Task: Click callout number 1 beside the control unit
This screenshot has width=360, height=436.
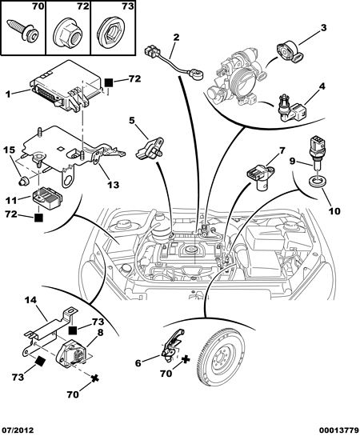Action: point(8,94)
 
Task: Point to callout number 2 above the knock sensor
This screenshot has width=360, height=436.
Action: point(177,38)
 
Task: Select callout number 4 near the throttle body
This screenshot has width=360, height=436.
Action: point(322,86)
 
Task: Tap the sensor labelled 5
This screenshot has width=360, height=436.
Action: point(150,149)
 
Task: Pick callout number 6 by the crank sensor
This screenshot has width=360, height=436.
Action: point(138,363)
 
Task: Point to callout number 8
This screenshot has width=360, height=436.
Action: point(100,332)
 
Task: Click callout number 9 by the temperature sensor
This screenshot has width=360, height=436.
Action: point(292,161)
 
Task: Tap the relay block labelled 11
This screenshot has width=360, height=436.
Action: point(47,198)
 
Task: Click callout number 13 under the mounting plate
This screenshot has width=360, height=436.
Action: point(113,185)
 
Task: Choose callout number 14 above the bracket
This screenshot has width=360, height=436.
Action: point(30,300)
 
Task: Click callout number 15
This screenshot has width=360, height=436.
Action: point(9,150)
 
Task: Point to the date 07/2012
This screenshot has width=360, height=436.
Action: point(17,430)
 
